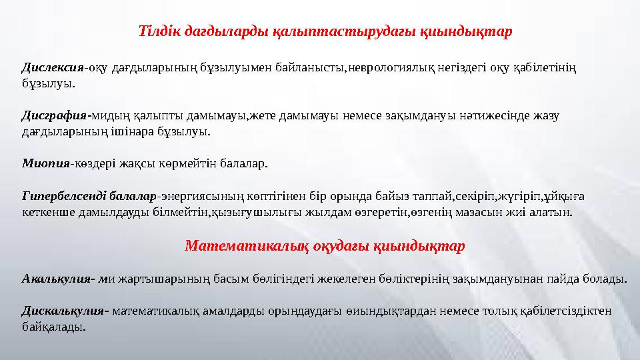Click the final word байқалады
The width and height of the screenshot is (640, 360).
53,327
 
